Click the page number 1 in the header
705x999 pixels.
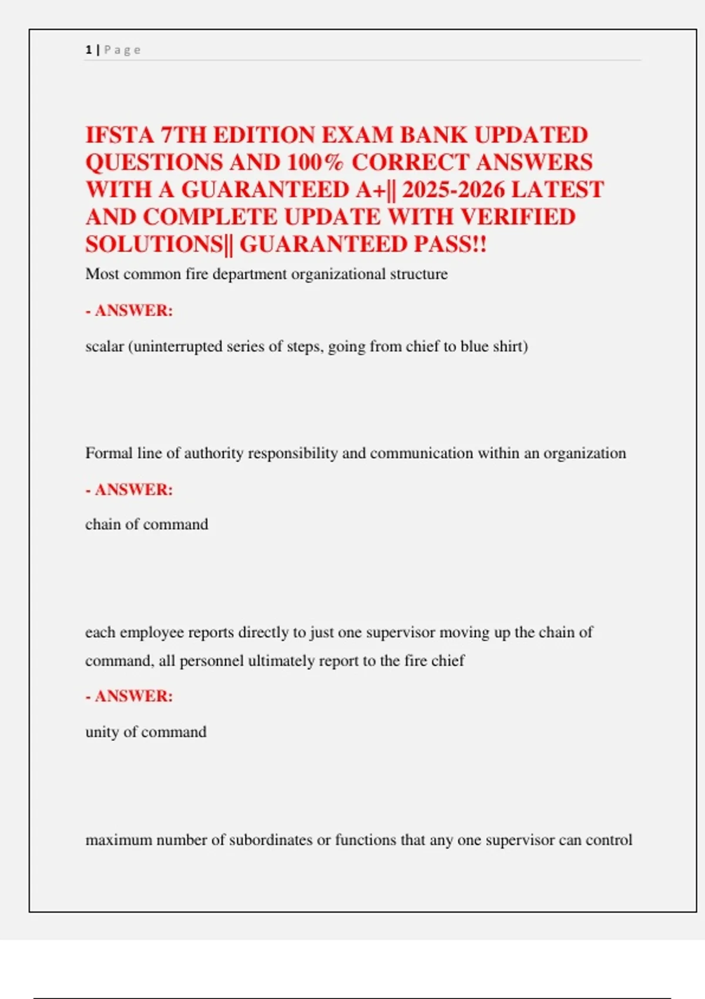pos(88,50)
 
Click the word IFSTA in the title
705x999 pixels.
pos(119,135)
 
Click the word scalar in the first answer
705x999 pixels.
pos(105,346)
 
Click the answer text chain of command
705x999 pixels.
pos(146,524)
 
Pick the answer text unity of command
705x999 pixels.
pos(146,732)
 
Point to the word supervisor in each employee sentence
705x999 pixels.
pos(401,632)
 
